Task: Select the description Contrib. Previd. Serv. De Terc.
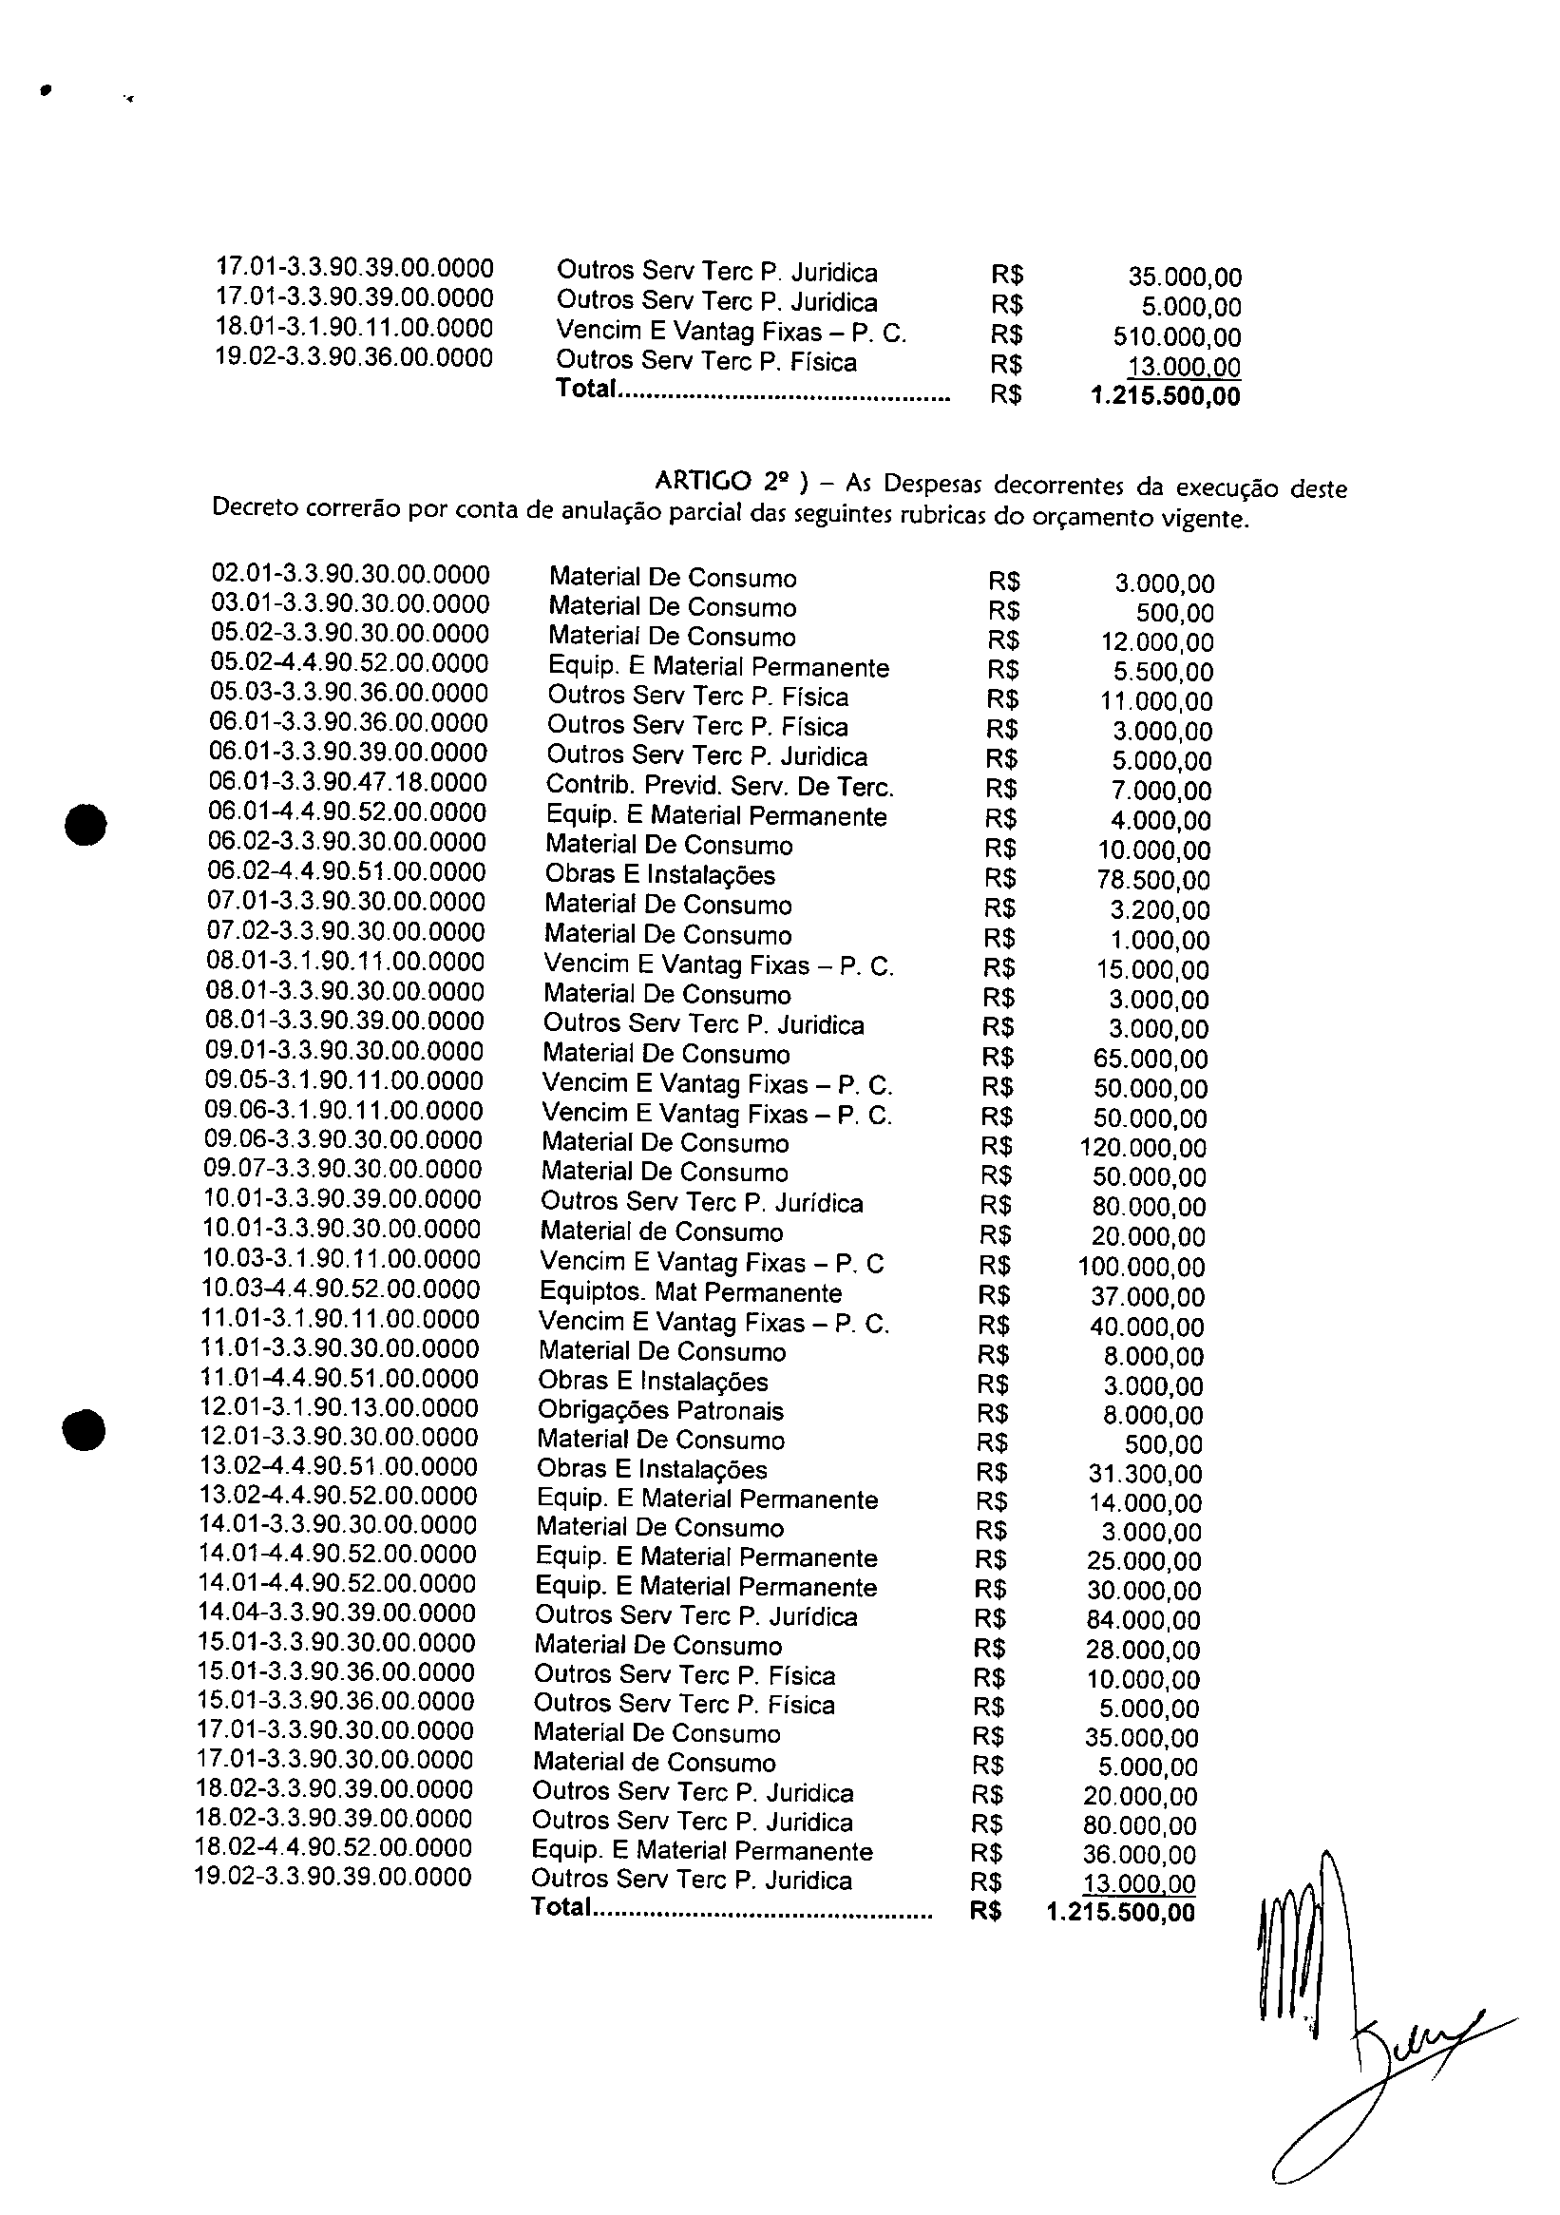click(x=720, y=786)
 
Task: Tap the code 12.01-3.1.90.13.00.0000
click(x=339, y=1408)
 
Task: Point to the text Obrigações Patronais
click(x=661, y=1411)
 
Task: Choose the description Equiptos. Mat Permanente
click(x=691, y=1292)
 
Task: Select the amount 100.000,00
click(x=1141, y=1267)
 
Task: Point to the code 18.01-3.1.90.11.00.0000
click(x=354, y=328)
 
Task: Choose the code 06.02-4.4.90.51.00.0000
click(x=348, y=872)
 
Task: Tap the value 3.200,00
click(x=1160, y=909)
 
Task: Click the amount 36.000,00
click(x=1139, y=1855)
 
